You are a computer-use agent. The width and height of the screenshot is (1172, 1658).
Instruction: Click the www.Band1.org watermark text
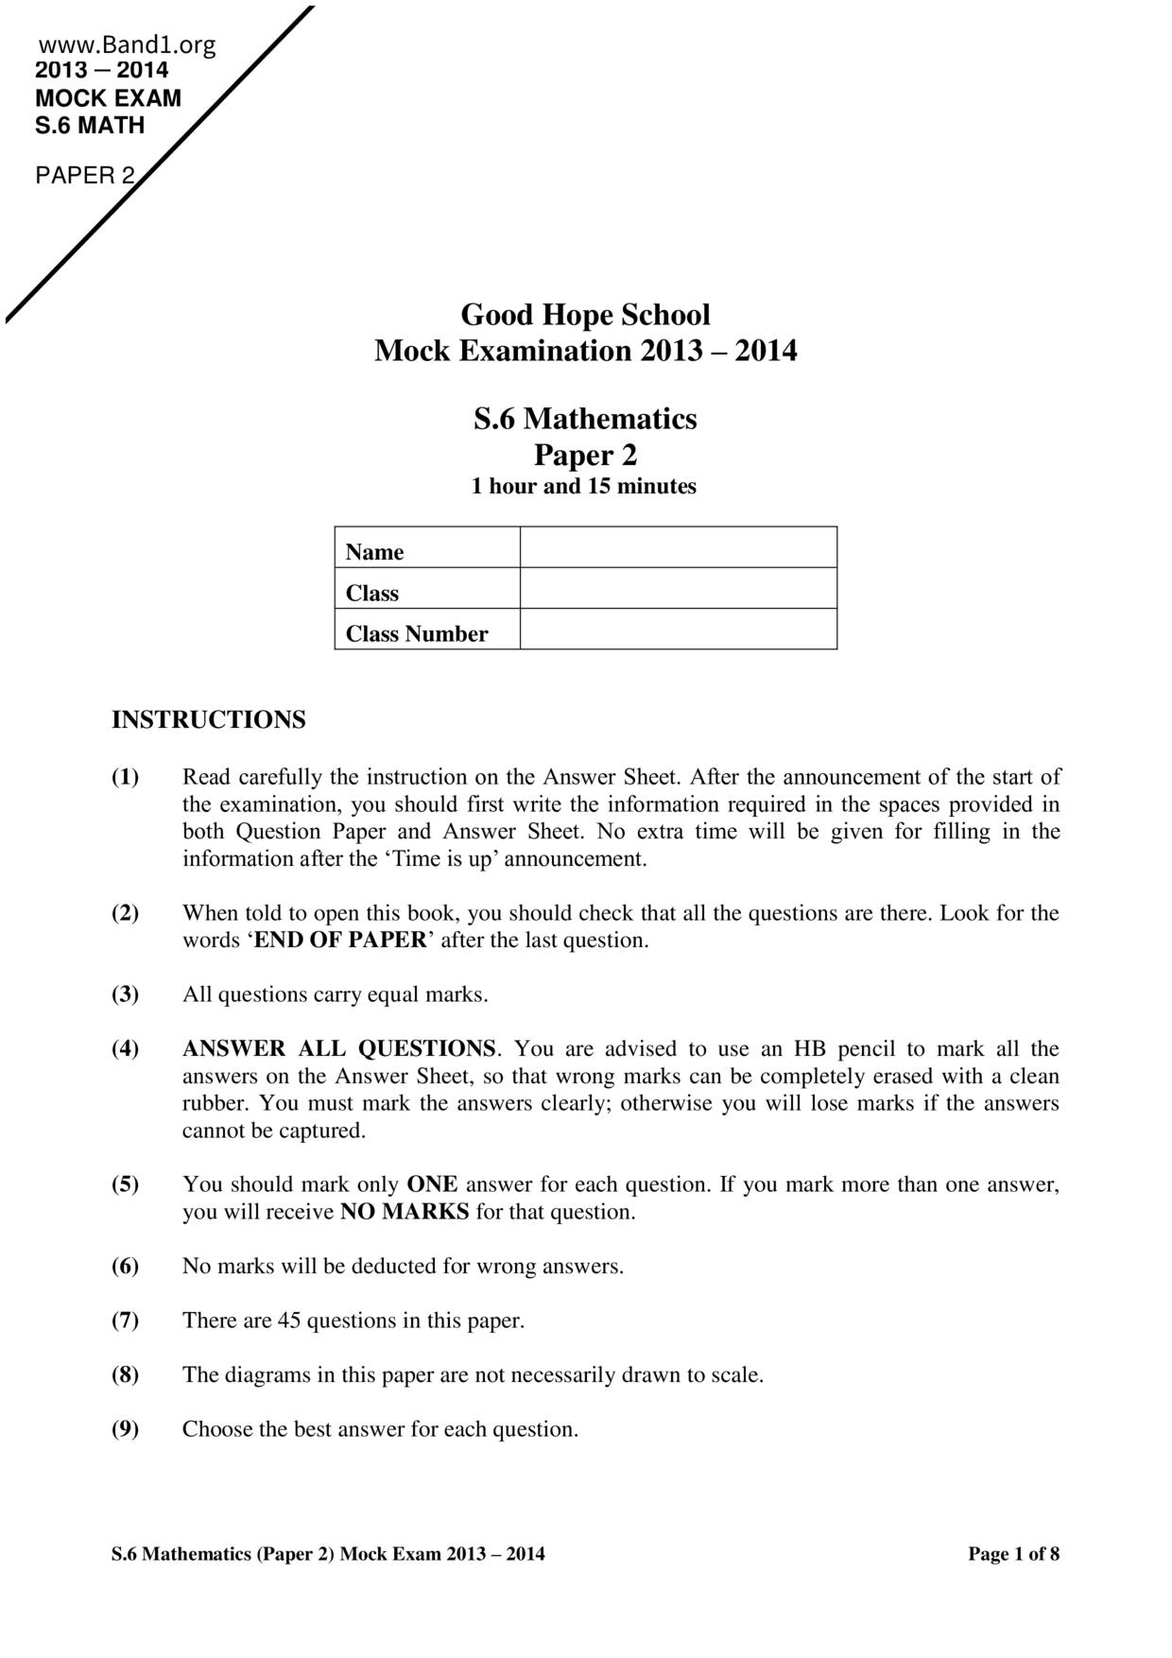(128, 45)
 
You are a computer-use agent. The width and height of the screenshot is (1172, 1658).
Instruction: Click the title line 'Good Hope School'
(585, 315)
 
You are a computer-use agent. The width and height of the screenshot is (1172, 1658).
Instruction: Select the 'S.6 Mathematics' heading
(585, 418)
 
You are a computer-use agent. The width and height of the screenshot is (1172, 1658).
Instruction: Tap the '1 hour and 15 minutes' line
(584, 487)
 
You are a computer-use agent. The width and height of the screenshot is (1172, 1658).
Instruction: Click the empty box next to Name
(678, 547)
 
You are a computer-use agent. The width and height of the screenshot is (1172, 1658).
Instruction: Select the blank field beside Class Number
(678, 630)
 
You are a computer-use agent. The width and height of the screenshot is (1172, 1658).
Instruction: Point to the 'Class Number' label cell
(417, 634)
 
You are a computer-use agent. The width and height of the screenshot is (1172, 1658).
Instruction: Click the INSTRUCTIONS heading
(209, 720)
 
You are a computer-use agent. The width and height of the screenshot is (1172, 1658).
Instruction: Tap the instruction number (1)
(125, 778)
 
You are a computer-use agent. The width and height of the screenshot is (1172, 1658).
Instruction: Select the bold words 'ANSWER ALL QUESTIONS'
(339, 1049)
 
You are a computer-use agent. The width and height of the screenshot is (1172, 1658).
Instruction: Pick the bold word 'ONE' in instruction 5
(432, 1184)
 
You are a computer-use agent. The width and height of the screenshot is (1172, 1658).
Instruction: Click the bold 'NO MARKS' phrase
(405, 1212)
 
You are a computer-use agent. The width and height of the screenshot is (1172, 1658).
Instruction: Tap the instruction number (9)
(125, 1429)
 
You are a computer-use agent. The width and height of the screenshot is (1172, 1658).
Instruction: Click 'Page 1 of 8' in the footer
(1013, 1554)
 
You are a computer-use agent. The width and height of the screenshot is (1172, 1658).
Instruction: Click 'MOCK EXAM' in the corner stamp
(108, 98)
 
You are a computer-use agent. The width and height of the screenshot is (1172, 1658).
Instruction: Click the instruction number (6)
(125, 1267)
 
